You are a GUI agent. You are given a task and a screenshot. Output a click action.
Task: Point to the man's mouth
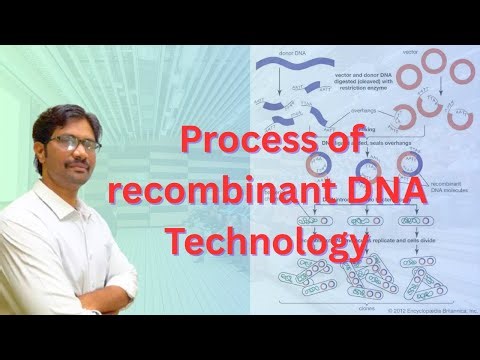80,171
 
